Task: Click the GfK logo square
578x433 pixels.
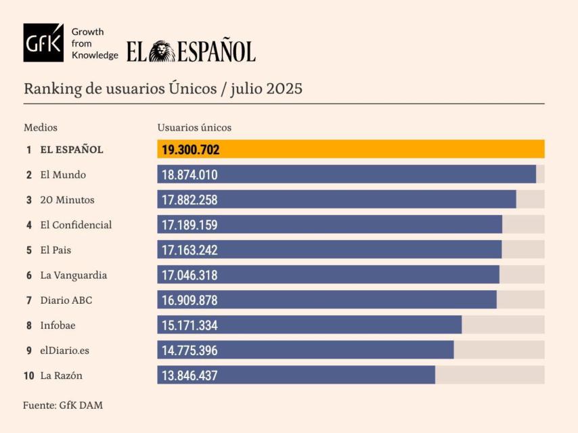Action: pyautogui.click(x=43, y=43)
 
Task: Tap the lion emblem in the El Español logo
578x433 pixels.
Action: pyautogui.click(x=162, y=51)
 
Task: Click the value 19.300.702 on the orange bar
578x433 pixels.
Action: pyautogui.click(x=190, y=150)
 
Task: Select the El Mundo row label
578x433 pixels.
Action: pyautogui.click(x=63, y=175)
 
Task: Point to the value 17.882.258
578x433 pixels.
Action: pyautogui.click(x=190, y=200)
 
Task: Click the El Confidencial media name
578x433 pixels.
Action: pyautogui.click(x=76, y=225)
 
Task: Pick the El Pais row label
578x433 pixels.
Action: pyautogui.click(x=55, y=250)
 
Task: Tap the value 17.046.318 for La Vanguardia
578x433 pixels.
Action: pyautogui.click(x=190, y=275)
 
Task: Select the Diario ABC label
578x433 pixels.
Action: pyautogui.click(x=66, y=300)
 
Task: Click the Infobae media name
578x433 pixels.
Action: pyautogui.click(x=58, y=325)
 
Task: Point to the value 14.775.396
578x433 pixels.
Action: pyautogui.click(x=190, y=350)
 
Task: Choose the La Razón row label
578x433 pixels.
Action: pyautogui.click(x=61, y=375)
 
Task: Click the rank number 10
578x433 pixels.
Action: pyautogui.click(x=28, y=375)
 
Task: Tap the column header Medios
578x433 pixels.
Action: pyautogui.click(x=41, y=127)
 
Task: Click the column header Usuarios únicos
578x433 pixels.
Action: pyautogui.click(x=194, y=127)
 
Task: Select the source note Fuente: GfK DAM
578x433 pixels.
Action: pyautogui.click(x=63, y=405)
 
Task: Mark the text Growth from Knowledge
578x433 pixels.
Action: pyautogui.click(x=94, y=43)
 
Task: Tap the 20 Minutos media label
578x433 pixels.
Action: pyautogui.click(x=67, y=200)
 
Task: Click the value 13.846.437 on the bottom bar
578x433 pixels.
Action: pyautogui.click(x=190, y=375)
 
